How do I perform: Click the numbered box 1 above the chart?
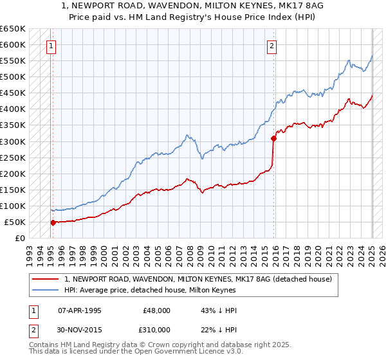pos(51,46)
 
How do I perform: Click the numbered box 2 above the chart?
pos(272,46)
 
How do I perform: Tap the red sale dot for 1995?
pos(53,222)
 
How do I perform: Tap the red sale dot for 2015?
pos(273,138)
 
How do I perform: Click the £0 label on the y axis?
pos(19,238)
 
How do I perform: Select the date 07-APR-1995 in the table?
pos(79,310)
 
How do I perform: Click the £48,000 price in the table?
pos(157,310)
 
